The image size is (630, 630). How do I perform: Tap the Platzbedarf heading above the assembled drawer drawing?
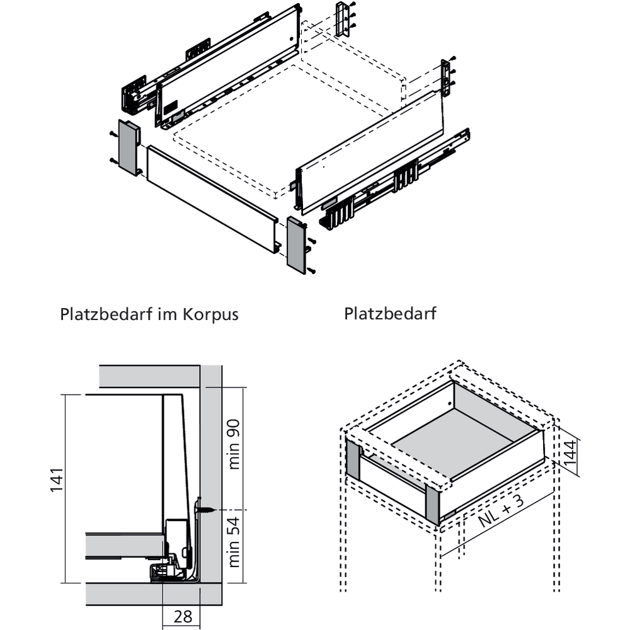tap(390, 313)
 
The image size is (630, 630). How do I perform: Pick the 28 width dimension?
tap(183, 617)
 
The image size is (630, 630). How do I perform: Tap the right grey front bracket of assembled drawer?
tap(433, 503)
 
